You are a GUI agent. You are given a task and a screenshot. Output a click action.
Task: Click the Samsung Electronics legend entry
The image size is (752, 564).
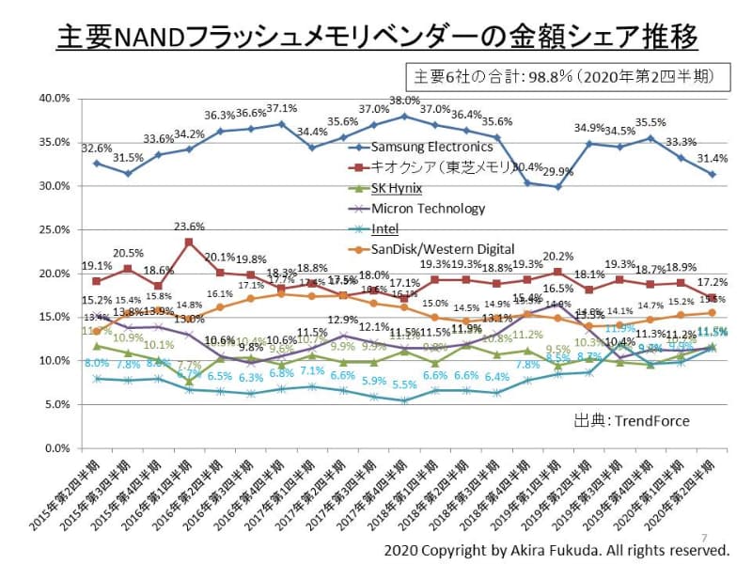[x=432, y=147]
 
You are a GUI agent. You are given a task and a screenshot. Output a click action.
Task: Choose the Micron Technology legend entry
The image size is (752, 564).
[x=428, y=209]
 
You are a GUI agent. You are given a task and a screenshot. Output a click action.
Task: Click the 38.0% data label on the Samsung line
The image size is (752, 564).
[x=404, y=101]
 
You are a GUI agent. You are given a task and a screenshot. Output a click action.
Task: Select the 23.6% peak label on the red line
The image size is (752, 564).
[x=191, y=227]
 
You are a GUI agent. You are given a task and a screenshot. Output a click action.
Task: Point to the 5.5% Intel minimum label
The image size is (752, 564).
[x=404, y=384]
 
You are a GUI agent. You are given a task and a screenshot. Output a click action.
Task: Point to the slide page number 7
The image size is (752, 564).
[x=705, y=528]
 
